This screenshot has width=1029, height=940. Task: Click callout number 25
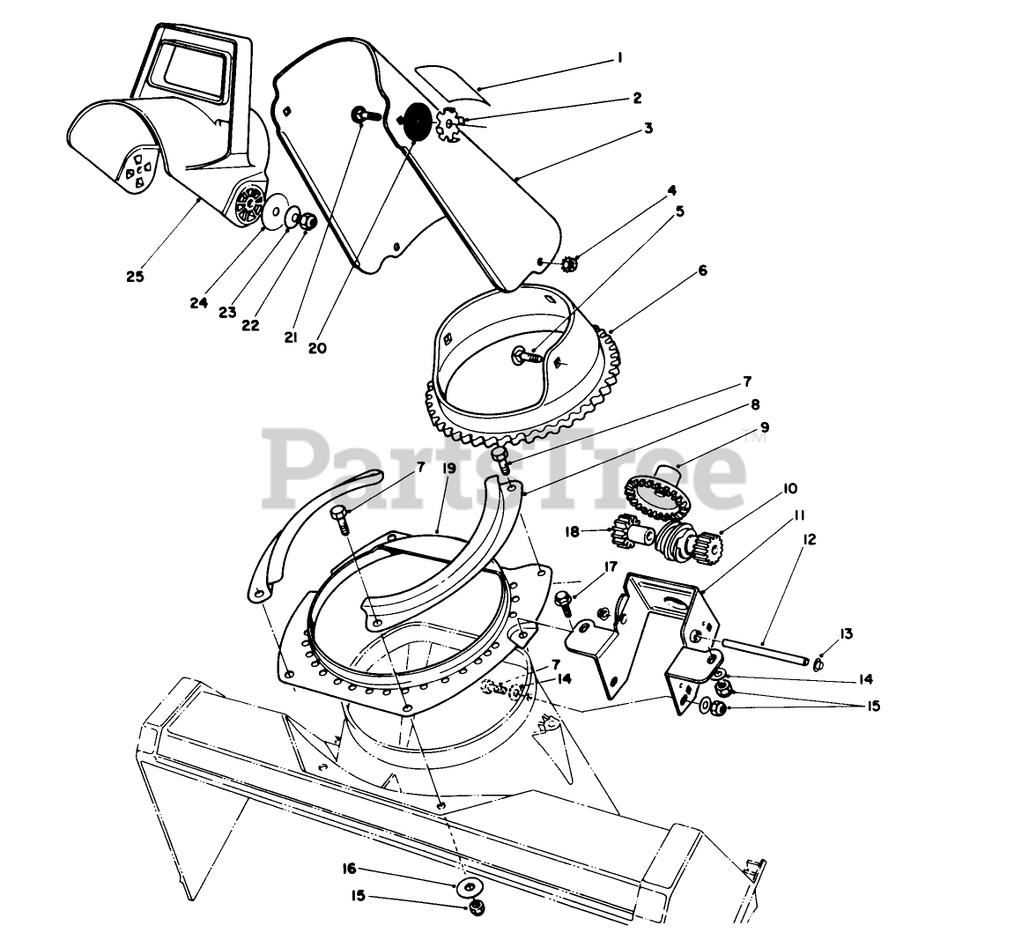[135, 277]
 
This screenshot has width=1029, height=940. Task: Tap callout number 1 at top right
[619, 58]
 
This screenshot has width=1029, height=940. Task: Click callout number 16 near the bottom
[349, 869]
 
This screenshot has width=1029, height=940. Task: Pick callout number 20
[317, 348]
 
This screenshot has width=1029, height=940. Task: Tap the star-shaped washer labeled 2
[452, 127]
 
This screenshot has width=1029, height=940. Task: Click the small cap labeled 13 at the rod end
[818, 662]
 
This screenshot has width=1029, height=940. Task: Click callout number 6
[702, 271]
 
